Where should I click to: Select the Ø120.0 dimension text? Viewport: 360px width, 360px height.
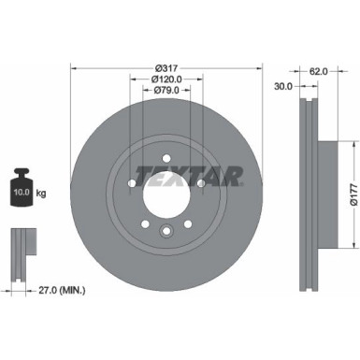(x=166, y=79)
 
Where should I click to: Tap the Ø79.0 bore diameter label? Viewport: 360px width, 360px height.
(x=166, y=91)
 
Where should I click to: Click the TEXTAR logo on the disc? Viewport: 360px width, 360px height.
(x=189, y=174)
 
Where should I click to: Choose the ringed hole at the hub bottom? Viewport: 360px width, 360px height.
(x=166, y=233)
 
